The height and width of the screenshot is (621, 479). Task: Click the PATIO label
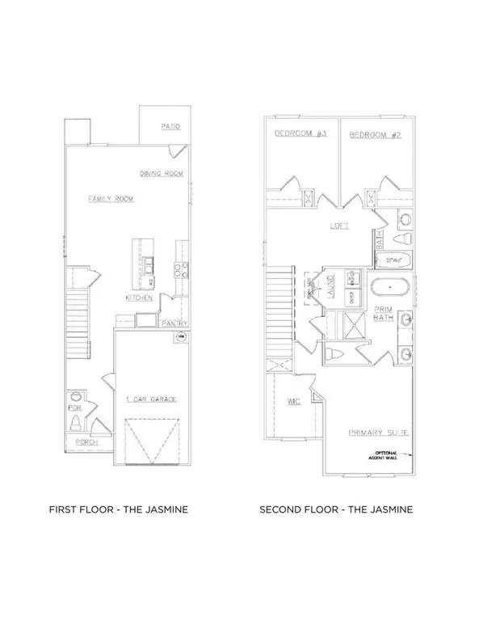(x=169, y=128)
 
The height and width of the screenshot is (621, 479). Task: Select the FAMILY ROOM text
(x=111, y=198)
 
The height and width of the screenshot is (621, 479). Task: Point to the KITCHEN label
(x=139, y=298)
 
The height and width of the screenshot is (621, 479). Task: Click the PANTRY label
(x=174, y=323)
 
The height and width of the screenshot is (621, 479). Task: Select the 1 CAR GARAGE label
(x=151, y=400)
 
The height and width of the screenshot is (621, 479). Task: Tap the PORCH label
(x=86, y=443)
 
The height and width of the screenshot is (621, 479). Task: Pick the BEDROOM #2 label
(x=374, y=135)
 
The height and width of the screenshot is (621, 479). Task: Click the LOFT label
(x=339, y=226)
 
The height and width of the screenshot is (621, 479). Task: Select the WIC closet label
(x=294, y=402)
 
